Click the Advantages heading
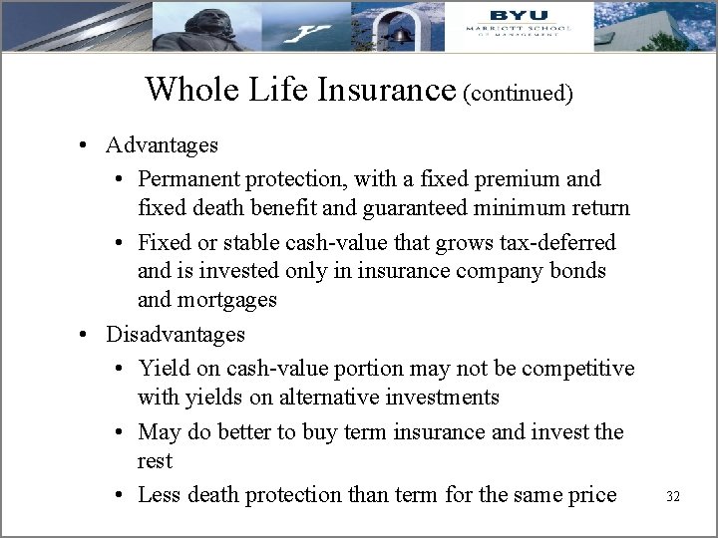tap(162, 145)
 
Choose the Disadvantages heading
tap(176, 334)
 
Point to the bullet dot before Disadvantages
tap(90, 334)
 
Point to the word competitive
tap(578, 369)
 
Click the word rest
tap(155, 461)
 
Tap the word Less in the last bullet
tap(160, 494)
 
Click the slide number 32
tap(672, 496)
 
